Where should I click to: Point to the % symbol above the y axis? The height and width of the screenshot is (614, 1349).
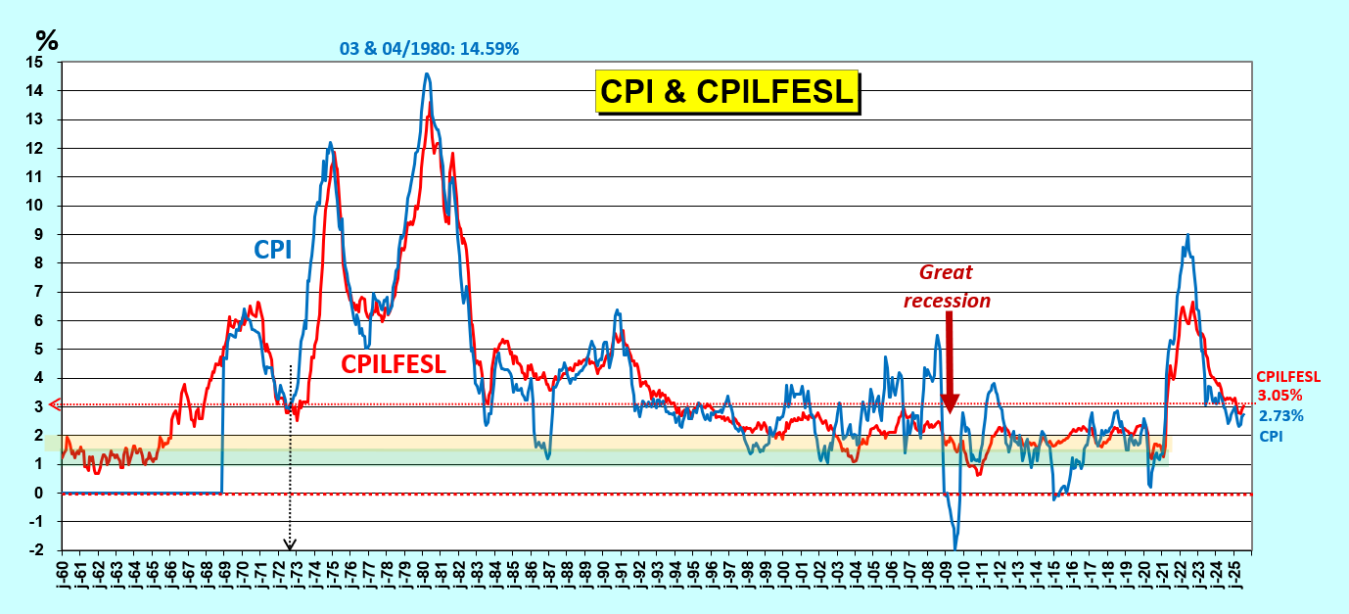(47, 40)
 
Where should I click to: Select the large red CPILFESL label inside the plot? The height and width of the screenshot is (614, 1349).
(394, 364)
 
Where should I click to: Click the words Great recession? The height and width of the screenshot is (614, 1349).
(947, 286)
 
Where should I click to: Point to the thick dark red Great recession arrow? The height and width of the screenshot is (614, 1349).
(949, 362)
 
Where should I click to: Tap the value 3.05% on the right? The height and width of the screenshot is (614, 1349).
(1279, 395)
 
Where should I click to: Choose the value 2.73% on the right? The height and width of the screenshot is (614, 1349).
(1279, 416)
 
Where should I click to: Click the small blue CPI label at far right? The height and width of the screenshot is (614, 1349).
(1270, 436)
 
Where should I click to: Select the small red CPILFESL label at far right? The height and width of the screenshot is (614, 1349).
(1288, 376)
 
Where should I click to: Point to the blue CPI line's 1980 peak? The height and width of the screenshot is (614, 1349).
(427, 73)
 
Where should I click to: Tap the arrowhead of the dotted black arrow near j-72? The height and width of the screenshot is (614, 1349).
(290, 545)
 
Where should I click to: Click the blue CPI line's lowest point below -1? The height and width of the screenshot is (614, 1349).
(955, 546)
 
